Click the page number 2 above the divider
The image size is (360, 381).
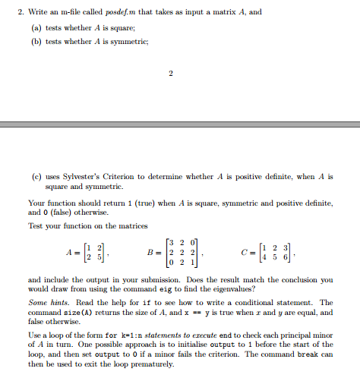pos(172,74)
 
